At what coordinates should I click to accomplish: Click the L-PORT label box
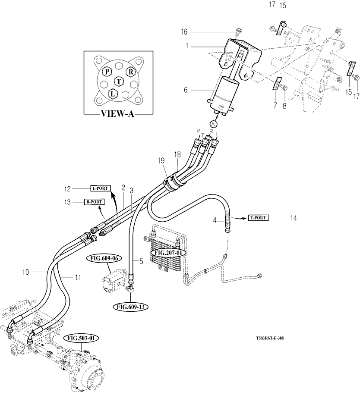coord(100,188)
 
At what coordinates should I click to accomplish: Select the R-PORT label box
coord(94,201)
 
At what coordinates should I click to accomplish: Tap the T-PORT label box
coord(258,218)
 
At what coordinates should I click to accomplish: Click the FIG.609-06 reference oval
coord(105,259)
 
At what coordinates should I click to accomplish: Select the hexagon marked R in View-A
coord(130,72)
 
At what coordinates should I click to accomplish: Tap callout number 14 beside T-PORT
coord(293,219)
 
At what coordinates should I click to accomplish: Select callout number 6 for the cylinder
coord(186,90)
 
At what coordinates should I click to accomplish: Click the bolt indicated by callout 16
coord(237,31)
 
